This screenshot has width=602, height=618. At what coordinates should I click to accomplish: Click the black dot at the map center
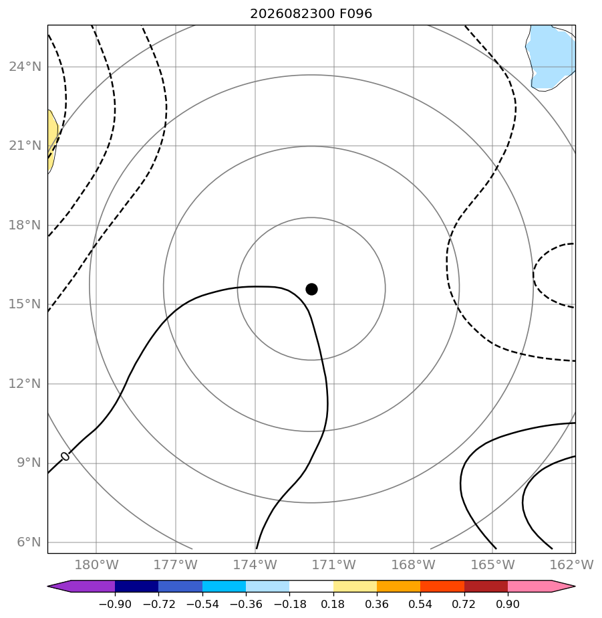[311, 290]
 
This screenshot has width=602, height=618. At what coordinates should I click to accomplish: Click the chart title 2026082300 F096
[311, 14]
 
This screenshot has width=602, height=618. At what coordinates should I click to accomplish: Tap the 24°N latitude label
[25, 67]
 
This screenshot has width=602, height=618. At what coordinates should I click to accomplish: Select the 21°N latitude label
[25, 146]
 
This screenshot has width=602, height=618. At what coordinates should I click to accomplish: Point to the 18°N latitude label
[25, 225]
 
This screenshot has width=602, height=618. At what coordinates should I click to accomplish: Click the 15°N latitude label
[25, 304]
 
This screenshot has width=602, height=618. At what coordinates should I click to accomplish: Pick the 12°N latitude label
[25, 383]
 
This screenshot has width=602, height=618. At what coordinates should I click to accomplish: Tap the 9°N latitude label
[29, 463]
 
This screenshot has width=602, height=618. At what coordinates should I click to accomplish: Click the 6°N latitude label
[29, 542]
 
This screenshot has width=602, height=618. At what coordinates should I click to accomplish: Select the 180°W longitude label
[96, 564]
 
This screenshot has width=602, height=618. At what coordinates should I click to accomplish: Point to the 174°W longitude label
[255, 564]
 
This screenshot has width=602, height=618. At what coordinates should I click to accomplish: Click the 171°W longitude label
[334, 564]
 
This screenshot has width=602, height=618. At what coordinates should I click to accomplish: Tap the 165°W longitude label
[493, 564]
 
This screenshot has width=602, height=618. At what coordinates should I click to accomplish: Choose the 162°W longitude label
[572, 564]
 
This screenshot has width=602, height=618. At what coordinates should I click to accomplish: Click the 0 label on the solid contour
[65, 456]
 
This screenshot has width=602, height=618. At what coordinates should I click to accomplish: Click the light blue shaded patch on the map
[551, 57]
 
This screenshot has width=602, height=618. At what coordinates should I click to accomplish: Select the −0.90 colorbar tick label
[115, 604]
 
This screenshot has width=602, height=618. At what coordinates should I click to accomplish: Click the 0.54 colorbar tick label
[420, 604]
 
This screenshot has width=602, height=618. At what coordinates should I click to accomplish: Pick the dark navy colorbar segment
[136, 587]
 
